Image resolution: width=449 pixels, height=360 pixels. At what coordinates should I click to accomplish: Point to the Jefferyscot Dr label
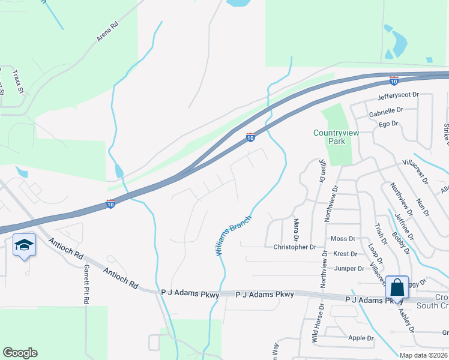pos(398,95)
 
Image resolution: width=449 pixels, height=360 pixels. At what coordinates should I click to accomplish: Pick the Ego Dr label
pos(388,124)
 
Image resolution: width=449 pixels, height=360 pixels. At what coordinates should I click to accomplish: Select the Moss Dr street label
pos(343,239)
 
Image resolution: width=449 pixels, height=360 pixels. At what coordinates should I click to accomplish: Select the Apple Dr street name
pos(361,338)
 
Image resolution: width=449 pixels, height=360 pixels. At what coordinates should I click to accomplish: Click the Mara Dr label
pos(296,228)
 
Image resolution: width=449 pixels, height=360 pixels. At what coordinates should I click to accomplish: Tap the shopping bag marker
pos(397,287)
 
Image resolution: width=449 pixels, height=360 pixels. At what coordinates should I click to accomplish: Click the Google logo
pos(20,353)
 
